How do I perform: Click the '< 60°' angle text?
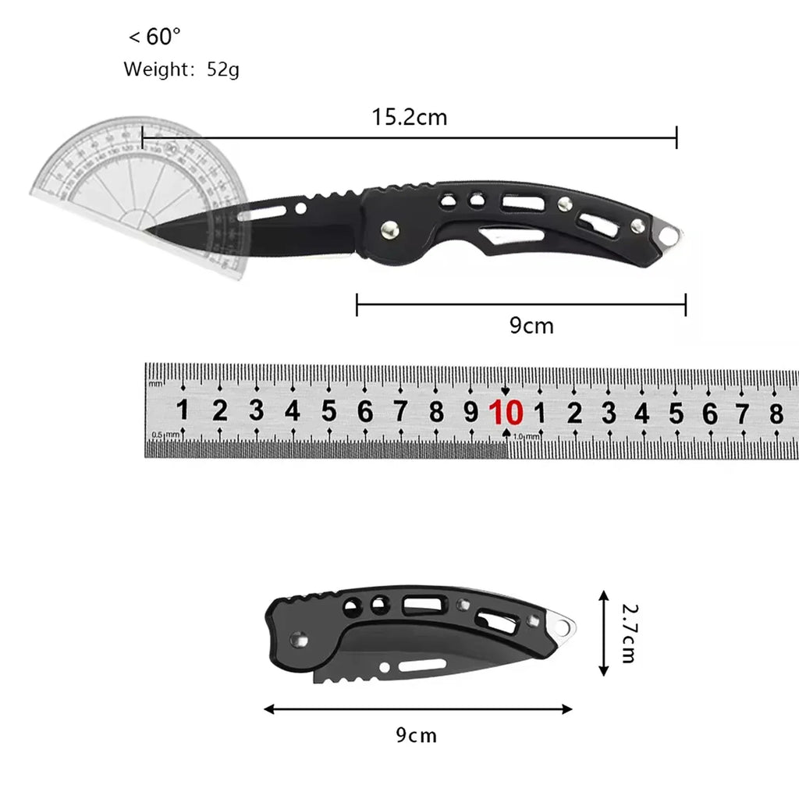(154, 37)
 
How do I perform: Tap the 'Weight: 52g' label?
(181, 69)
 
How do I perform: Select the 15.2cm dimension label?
(409, 118)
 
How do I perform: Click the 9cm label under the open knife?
(531, 325)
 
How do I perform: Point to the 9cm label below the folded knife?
(416, 734)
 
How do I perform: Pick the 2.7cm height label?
(629, 632)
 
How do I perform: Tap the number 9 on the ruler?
(471, 411)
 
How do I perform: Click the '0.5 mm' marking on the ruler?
(166, 435)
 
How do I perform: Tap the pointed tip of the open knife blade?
(148, 230)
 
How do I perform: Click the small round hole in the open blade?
(300, 208)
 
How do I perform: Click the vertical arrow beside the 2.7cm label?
(603, 632)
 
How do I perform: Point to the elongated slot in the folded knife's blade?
(425, 666)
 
